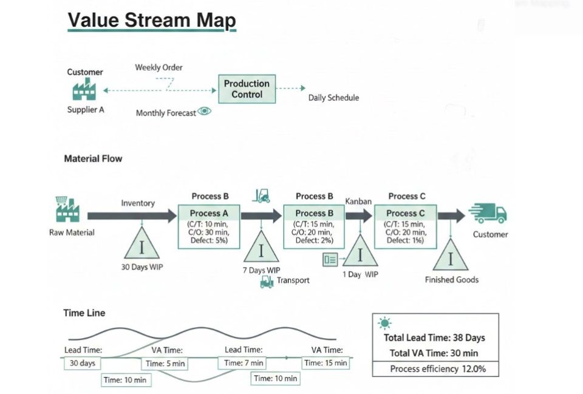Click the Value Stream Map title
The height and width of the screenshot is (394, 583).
pos(151,21)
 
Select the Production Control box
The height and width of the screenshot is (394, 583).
pos(247,89)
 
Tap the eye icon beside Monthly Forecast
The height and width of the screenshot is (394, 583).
pos(205,112)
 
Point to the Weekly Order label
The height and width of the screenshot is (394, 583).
pos(159,67)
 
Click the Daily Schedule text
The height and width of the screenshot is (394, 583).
pos(333,98)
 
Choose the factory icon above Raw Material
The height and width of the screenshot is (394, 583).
pos(67,210)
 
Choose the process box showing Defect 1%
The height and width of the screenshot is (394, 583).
pos(404,226)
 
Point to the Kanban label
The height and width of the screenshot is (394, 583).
pos(358,201)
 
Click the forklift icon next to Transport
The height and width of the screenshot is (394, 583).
pos(266,281)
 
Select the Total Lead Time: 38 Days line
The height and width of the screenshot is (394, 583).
pos(434,338)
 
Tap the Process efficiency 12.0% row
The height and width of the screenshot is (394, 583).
pos(435,369)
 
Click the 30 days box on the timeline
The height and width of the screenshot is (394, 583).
pos(82,363)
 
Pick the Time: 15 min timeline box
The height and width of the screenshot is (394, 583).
pos(326,363)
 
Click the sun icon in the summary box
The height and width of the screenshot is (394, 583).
pos(385,324)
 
